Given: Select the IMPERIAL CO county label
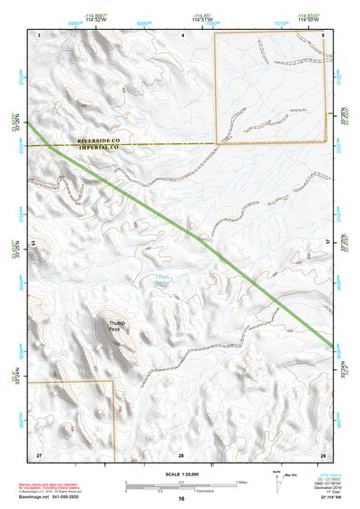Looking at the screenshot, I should pos(105,147).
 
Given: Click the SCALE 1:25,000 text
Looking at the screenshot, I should pos(181,475).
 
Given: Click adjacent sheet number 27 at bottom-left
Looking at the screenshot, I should pos(39,454).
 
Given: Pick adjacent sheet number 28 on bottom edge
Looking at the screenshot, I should pos(181,454).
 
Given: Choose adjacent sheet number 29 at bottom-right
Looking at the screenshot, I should pos(324,454).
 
